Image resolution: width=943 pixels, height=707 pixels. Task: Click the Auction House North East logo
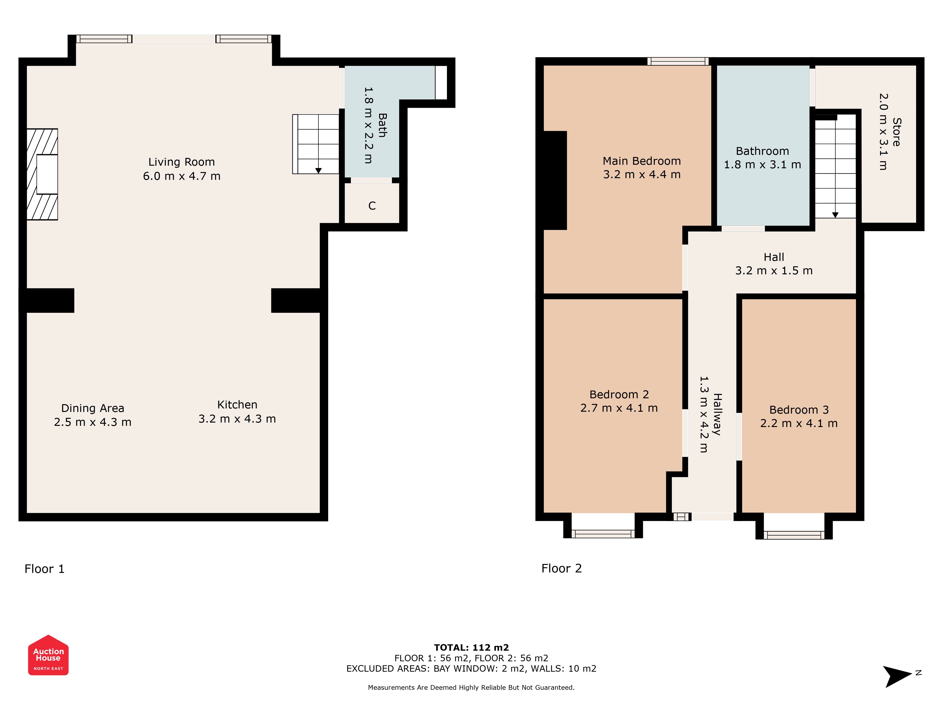coord(48,655)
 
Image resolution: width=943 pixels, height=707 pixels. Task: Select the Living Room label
coord(182,162)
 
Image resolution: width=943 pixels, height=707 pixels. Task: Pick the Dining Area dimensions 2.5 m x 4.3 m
coord(92,422)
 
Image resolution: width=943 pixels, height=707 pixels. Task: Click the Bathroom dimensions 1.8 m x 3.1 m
coord(762,164)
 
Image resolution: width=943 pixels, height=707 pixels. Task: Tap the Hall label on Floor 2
coord(774,257)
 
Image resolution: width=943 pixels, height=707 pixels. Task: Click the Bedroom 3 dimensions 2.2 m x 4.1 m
coord(799,423)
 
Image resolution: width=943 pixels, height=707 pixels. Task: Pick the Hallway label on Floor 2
coord(717,414)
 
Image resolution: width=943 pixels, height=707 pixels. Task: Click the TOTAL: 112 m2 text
coord(471,648)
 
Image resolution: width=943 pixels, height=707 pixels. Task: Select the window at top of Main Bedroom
coord(678,61)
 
